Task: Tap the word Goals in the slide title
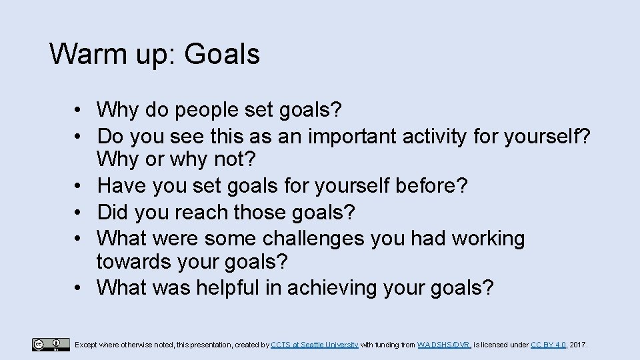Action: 222,54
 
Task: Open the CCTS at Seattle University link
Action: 315,345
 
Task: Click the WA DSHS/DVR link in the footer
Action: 444,345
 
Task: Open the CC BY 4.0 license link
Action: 548,345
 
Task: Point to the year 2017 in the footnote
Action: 579,345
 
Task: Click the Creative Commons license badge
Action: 50,345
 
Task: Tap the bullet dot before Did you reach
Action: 79,213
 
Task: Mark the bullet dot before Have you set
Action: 79,187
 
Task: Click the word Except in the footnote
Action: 87,345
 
